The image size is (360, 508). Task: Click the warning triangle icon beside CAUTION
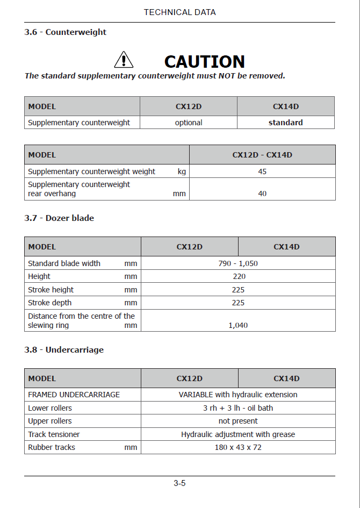pyautogui.click(x=124, y=60)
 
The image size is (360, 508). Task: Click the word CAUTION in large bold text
pyautogui.click(x=204, y=61)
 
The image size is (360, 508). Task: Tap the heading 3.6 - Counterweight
pyautogui.click(x=66, y=32)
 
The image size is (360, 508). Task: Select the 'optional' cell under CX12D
pyautogui.click(x=189, y=123)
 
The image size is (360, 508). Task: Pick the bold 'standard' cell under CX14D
pyautogui.click(x=286, y=123)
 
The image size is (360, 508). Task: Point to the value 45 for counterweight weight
pyautogui.click(x=262, y=172)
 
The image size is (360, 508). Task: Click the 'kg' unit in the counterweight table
pyautogui.click(x=182, y=172)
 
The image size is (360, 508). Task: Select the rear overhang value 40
pyautogui.click(x=262, y=194)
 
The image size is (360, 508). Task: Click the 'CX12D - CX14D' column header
pyautogui.click(x=262, y=155)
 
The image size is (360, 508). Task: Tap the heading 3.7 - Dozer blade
pyautogui.click(x=59, y=218)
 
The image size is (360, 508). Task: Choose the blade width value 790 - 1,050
pyautogui.click(x=238, y=263)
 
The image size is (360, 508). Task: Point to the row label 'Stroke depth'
pyautogui.click(x=50, y=303)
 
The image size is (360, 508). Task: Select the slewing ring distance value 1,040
pyautogui.click(x=238, y=325)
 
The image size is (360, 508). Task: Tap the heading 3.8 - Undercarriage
pyautogui.click(x=64, y=350)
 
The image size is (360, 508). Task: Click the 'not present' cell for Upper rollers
pyautogui.click(x=238, y=421)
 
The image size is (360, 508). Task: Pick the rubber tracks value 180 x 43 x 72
pyautogui.click(x=238, y=447)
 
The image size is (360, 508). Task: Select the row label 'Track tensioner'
pyautogui.click(x=54, y=434)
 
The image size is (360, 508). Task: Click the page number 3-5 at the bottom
pyautogui.click(x=179, y=483)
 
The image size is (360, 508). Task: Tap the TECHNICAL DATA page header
pyautogui.click(x=179, y=12)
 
